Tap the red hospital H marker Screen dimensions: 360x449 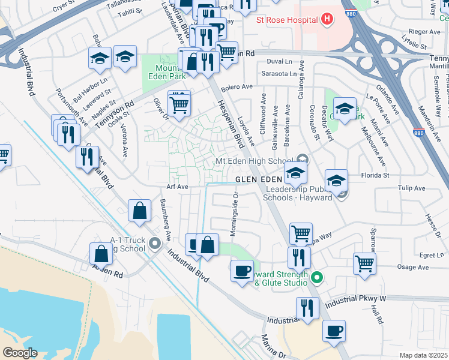point(327,20)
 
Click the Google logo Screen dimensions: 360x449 point(20,352)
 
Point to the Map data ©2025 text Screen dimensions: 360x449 point(423,355)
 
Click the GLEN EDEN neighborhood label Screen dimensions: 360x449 point(258,179)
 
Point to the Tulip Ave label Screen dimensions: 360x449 point(411,188)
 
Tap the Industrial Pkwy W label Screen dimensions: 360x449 point(356,298)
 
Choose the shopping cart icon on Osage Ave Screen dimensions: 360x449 point(364,263)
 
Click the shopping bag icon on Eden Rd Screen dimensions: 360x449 point(101,254)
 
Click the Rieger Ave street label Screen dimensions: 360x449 point(417,31)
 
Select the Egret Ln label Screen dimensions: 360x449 point(432,255)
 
